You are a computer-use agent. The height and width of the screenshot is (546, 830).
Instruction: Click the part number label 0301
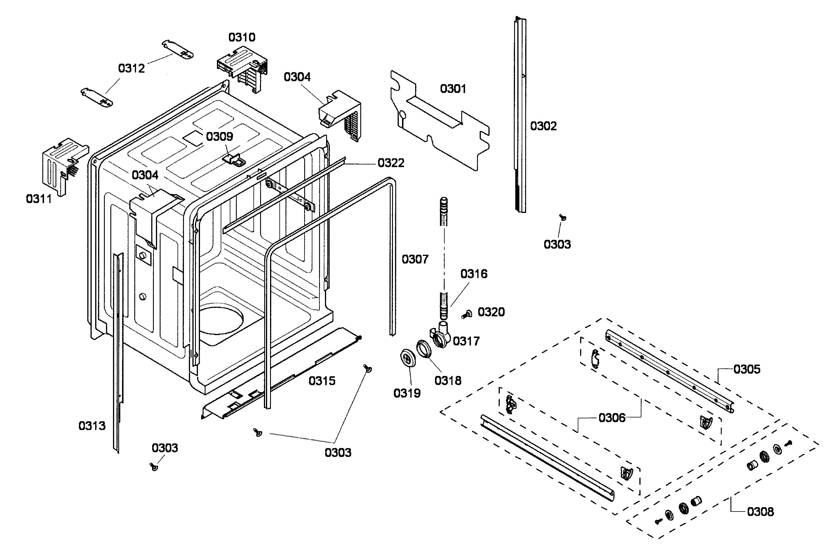453,89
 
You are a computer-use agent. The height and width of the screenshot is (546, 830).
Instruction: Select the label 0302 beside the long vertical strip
543,126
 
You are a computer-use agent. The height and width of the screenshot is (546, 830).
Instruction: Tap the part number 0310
242,37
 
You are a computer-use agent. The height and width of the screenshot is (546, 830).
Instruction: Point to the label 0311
39,199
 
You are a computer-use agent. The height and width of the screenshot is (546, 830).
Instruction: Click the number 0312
131,68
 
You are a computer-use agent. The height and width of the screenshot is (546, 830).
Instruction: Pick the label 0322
391,163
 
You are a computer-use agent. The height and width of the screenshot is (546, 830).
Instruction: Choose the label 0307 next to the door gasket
415,259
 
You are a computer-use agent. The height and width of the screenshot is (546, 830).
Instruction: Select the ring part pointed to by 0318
424,349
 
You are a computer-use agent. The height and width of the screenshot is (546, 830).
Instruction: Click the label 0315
321,381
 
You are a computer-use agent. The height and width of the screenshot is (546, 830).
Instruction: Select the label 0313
92,426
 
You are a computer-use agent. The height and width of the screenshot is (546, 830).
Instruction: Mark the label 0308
760,512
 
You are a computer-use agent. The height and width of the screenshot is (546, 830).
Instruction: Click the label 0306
612,418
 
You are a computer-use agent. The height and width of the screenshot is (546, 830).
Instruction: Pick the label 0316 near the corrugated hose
474,274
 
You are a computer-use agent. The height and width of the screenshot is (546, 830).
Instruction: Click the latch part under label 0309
234,160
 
